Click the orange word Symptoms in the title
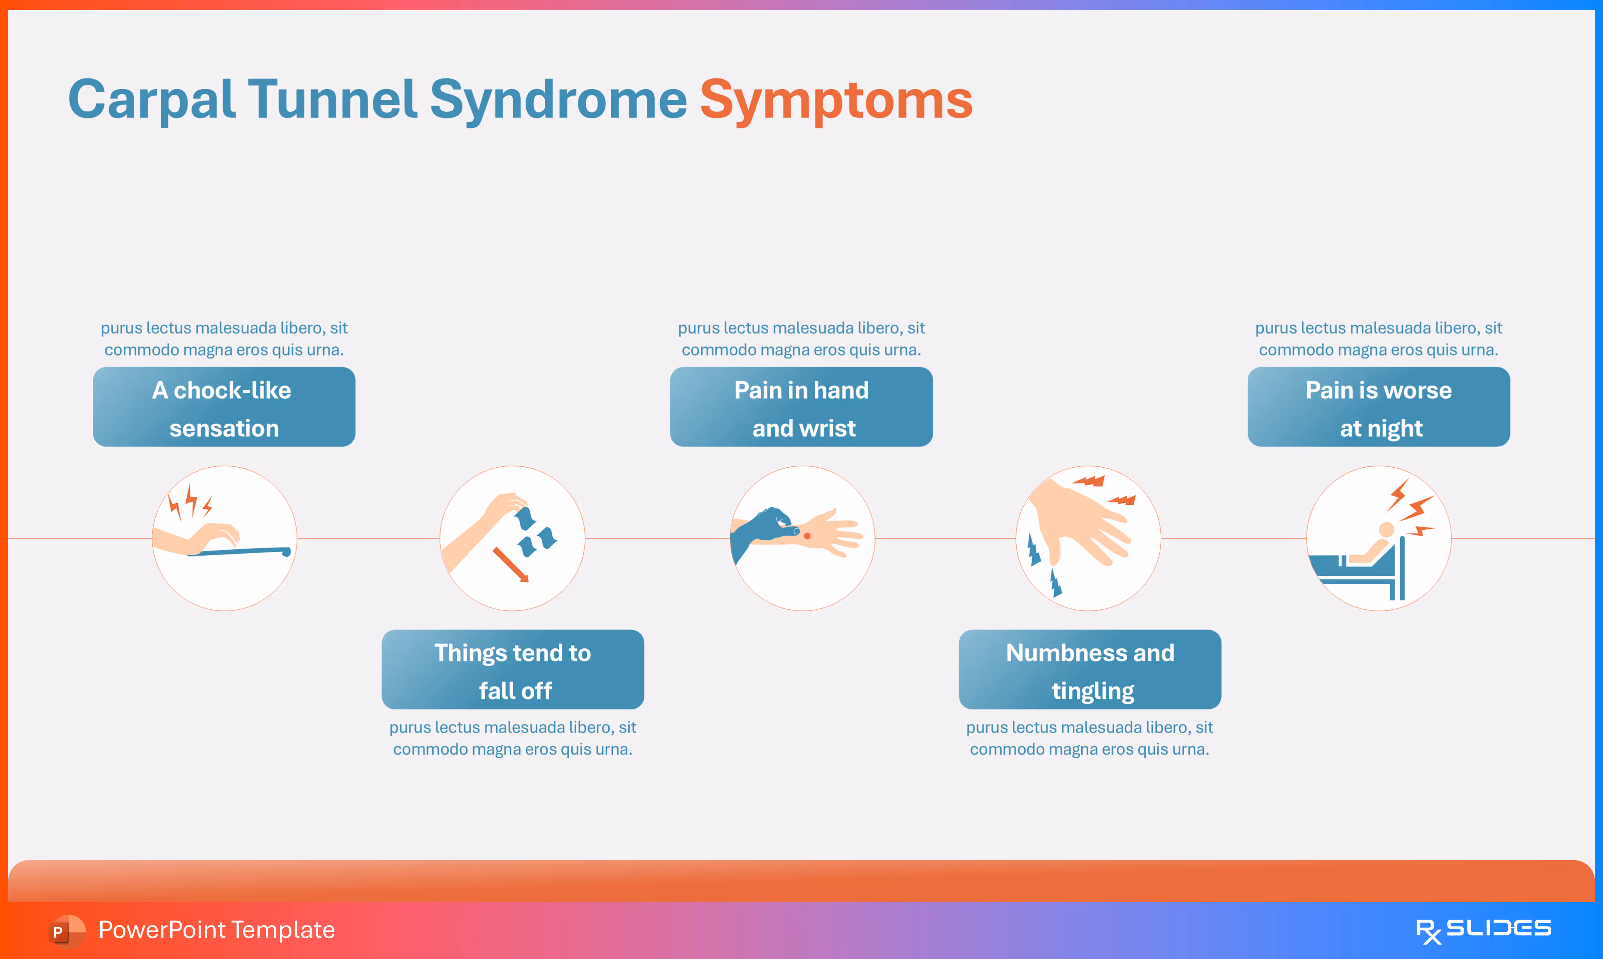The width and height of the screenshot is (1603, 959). tap(836, 100)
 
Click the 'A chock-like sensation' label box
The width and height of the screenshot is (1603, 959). tap(223, 407)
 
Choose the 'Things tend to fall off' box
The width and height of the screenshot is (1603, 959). tap(512, 669)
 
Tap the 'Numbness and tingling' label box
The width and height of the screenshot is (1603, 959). tap(1090, 669)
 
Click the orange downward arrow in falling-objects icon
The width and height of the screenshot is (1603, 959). tap(511, 564)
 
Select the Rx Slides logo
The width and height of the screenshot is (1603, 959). tap(1483, 930)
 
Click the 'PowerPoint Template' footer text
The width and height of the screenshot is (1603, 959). tap(216, 930)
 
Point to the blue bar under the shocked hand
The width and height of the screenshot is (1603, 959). tap(239, 552)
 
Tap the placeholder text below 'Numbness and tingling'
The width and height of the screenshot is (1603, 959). tap(1089, 738)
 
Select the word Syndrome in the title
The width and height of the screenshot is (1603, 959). tap(558, 100)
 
